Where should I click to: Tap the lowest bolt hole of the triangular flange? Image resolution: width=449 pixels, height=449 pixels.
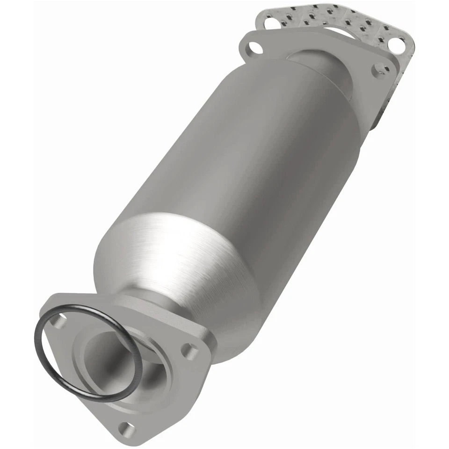pos(123,427)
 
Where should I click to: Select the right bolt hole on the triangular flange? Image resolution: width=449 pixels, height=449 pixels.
pos(189,348)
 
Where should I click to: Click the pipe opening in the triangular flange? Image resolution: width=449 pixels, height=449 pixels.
pos(112,355)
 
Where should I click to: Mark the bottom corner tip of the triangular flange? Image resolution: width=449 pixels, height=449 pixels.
pos(125,437)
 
